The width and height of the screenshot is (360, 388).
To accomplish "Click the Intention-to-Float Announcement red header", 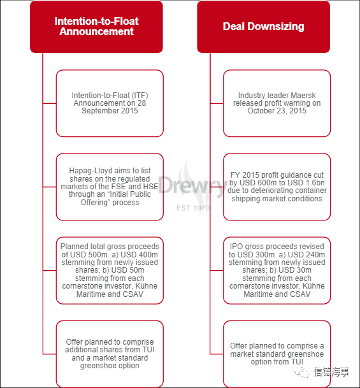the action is point(96,27).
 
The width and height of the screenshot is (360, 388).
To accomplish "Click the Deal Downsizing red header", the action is point(264,27).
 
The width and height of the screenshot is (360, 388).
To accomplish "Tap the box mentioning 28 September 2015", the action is point(110,103).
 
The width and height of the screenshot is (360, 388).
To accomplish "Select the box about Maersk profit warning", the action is point(277,103).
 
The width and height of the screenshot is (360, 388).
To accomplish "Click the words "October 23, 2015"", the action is point(277,111).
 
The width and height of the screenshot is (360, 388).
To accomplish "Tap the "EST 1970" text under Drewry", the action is point(193,208).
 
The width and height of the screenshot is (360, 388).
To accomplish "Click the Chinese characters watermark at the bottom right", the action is point(331,372).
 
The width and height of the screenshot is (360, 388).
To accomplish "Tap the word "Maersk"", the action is point(303,96).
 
